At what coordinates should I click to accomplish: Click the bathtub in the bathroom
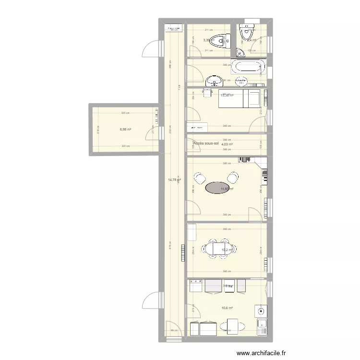248,66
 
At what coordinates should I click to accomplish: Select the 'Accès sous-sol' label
205,143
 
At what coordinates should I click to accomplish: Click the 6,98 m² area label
126,129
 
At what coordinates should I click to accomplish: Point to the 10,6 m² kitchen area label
227,308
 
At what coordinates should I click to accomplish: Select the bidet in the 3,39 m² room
222,41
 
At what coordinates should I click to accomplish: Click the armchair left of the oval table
199,179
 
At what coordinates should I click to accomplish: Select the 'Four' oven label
229,287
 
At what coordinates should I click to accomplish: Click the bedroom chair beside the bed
208,93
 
